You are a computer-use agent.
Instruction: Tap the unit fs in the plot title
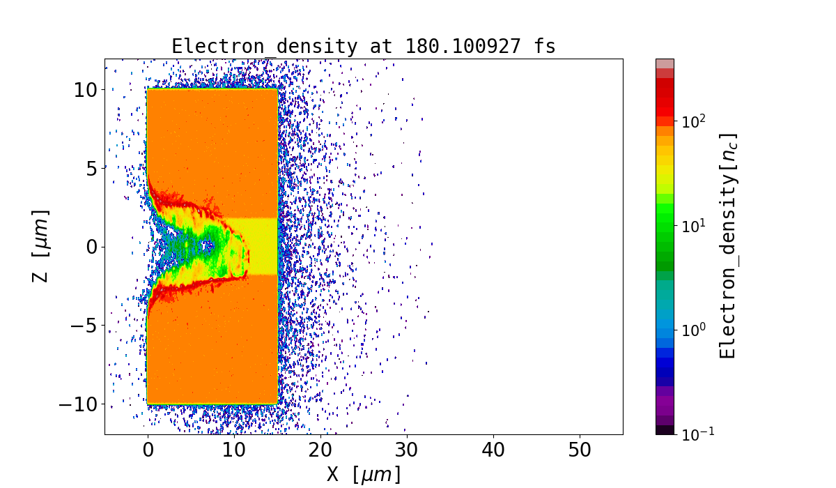pos(545,47)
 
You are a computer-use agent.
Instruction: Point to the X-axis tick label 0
pos(148,450)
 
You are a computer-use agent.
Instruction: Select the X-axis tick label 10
pos(234,450)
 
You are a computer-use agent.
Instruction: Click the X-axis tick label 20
pos(320,450)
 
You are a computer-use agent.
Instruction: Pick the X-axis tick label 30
pos(407,450)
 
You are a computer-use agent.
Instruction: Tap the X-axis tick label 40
pos(493,450)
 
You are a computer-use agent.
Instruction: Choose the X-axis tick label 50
pos(580,450)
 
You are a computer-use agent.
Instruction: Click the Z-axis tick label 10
pos(86,89)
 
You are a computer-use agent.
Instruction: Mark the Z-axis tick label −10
pos(78,404)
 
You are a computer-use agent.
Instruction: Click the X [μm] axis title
pos(364,475)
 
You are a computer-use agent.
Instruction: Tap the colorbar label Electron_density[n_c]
pos(728,246)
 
